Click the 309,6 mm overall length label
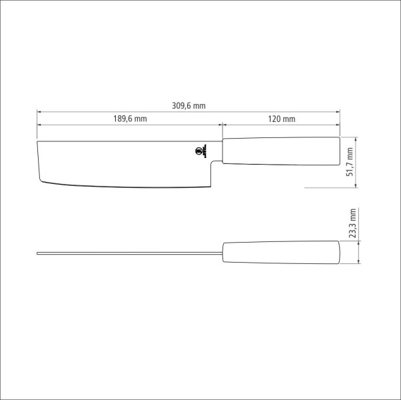pos(189,105)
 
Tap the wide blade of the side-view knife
pos(123,161)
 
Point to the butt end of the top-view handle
pos(339,253)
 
